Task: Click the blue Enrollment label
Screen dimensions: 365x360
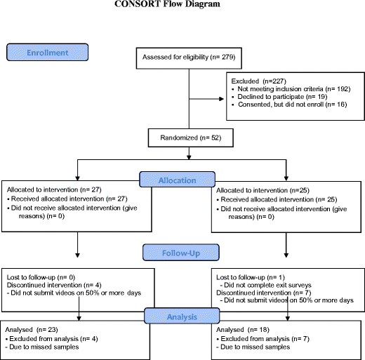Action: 48,52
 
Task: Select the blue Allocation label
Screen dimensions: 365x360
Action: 178,180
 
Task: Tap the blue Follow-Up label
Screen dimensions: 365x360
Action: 181,253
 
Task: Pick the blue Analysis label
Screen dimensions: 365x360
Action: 182,316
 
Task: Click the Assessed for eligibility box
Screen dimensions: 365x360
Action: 189,58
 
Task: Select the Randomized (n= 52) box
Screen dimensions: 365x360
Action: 191,138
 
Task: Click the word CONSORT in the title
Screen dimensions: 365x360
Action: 138,4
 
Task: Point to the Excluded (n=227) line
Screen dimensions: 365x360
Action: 259,81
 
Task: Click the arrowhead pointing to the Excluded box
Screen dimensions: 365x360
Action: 221,99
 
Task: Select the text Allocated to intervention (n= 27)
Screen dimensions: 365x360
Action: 54,189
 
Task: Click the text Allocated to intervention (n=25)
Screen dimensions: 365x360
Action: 263,190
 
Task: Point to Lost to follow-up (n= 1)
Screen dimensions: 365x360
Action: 251,277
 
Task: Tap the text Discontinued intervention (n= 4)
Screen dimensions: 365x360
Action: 54,285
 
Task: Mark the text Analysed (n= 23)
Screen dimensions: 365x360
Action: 32,330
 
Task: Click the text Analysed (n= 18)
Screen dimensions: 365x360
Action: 243,330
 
